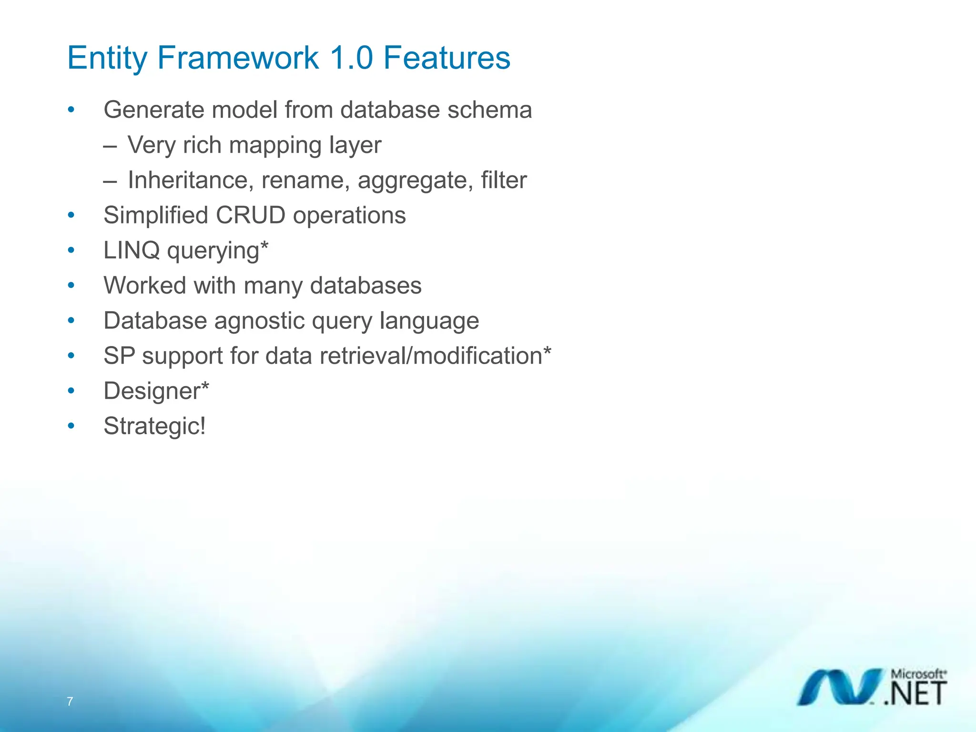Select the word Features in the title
point(447,58)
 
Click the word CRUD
point(250,215)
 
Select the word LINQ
point(132,251)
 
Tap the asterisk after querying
point(264,246)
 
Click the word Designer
point(152,392)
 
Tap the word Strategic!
point(155,426)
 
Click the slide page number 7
point(70,701)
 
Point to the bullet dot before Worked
point(71,285)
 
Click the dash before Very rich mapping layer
point(110,146)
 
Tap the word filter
point(503,180)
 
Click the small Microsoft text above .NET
point(918,674)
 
